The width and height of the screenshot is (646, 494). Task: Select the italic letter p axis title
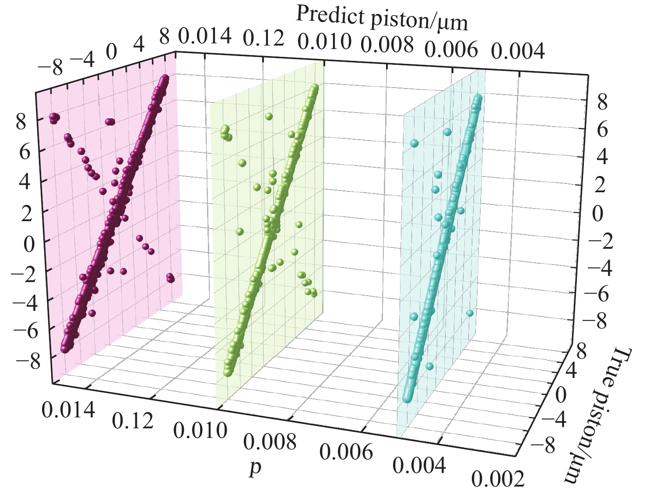pos(255,467)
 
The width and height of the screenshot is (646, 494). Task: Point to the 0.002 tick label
pos(497,479)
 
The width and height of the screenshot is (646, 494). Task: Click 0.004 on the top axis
pos(518,52)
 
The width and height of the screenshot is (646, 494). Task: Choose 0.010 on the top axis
pos(324,42)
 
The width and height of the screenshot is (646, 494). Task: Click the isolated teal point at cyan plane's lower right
pos(470,313)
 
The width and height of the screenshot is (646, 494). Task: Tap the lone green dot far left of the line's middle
pos(239,231)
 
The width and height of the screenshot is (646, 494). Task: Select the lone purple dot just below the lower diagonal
pos(92,313)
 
